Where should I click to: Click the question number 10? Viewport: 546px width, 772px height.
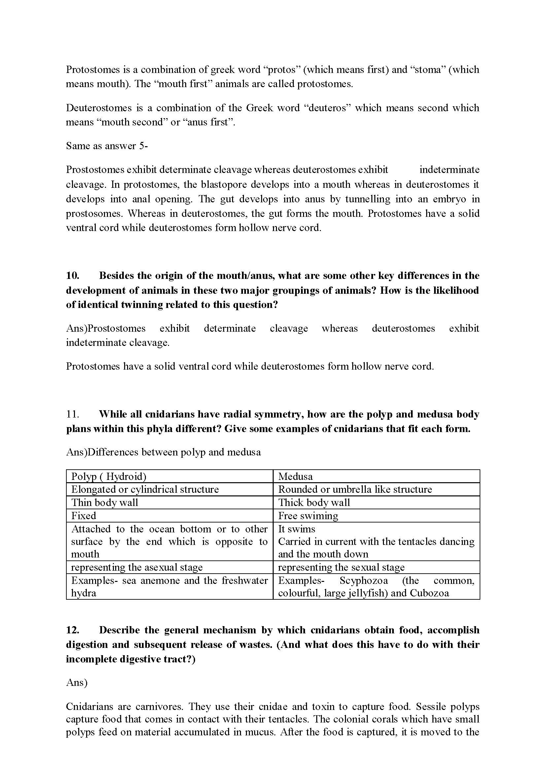(x=72, y=276)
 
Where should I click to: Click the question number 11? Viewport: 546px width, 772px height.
(x=72, y=414)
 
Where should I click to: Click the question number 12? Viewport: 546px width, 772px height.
(x=72, y=630)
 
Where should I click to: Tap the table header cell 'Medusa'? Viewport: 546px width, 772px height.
(x=295, y=477)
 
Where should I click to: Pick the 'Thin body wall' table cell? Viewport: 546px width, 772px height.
(x=105, y=503)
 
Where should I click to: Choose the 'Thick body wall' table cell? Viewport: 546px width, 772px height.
(x=314, y=503)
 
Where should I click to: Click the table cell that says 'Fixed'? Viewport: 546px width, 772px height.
(x=84, y=516)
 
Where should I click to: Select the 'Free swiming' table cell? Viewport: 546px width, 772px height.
(x=308, y=516)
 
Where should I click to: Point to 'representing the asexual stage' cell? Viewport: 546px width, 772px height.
(x=137, y=567)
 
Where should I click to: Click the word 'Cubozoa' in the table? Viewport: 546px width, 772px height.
(x=429, y=593)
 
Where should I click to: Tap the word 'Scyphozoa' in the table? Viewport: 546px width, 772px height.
(x=363, y=580)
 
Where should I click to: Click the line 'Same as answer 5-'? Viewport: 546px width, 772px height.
(x=107, y=146)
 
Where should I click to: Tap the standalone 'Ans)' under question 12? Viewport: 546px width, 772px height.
(x=77, y=683)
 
